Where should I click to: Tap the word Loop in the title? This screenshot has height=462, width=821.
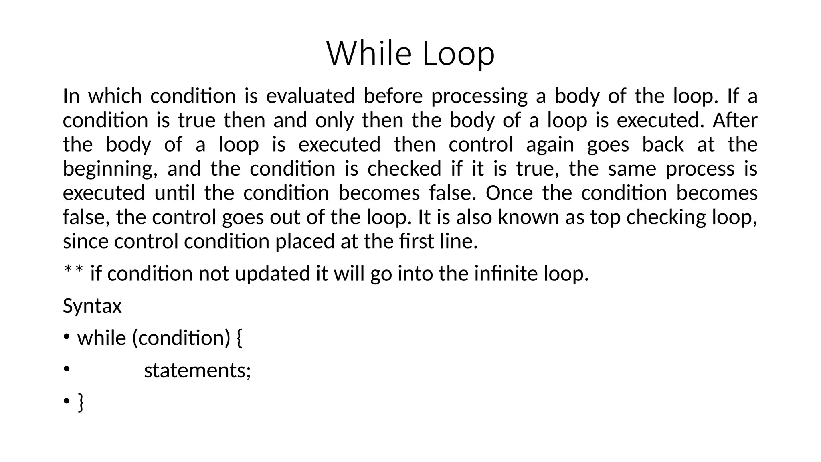pyautogui.click(x=459, y=54)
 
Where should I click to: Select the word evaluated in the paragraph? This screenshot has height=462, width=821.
pyautogui.click(x=310, y=96)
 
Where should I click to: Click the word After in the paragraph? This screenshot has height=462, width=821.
pyautogui.click(x=735, y=120)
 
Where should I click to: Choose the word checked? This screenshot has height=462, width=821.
pyautogui.click(x=404, y=169)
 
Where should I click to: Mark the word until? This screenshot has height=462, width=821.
pyautogui.click(x=174, y=193)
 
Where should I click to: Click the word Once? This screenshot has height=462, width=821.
pyautogui.click(x=509, y=193)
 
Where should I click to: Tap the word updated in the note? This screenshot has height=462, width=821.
pyautogui.click(x=273, y=274)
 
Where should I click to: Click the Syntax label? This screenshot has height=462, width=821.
pyautogui.click(x=92, y=306)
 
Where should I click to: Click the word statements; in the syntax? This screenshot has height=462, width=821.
pyautogui.click(x=197, y=370)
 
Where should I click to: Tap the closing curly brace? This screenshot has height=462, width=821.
pyautogui.click(x=81, y=402)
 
